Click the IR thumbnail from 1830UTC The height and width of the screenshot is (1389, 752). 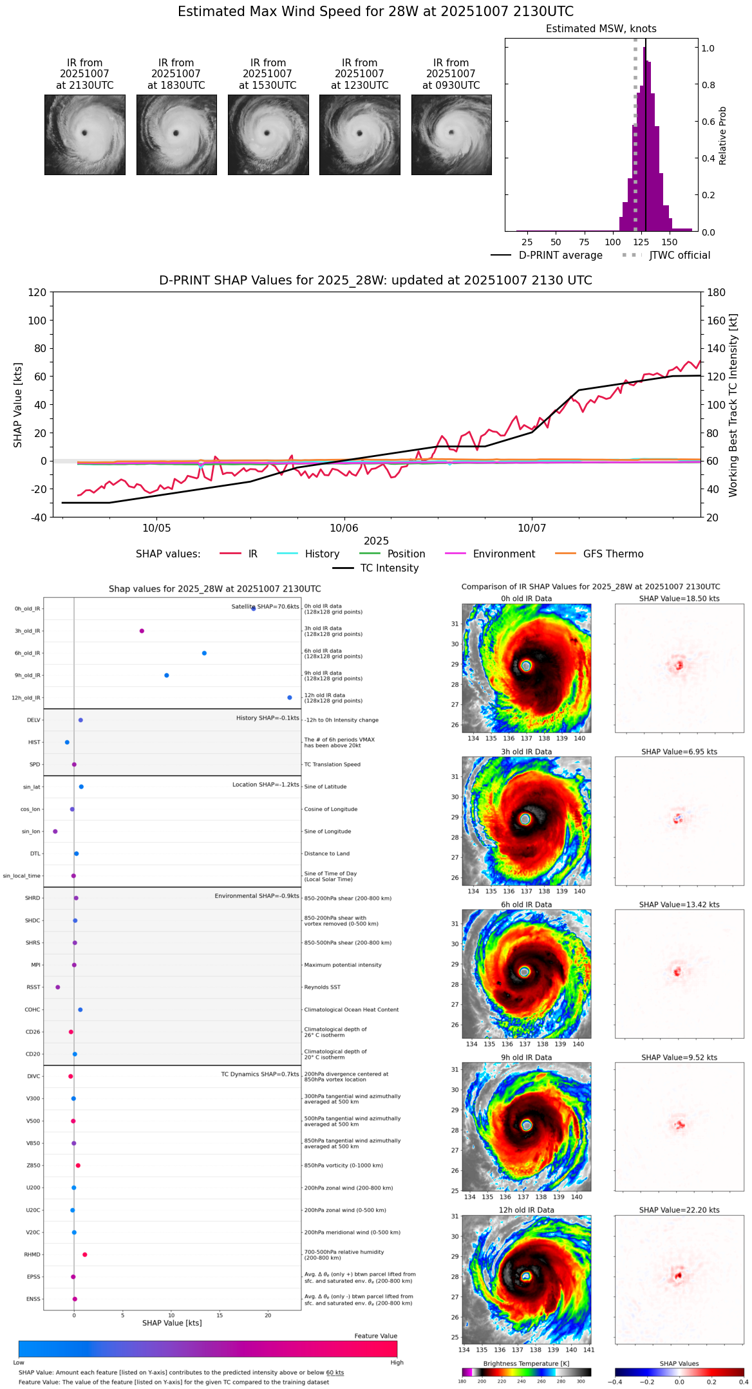tap(176, 135)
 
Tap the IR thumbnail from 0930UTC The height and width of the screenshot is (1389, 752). tap(451, 135)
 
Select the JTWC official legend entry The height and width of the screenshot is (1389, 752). tap(679, 256)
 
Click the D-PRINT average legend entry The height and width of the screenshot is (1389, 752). tap(560, 256)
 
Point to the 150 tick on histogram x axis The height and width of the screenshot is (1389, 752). tap(670, 242)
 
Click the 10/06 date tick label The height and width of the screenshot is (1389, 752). tap(344, 528)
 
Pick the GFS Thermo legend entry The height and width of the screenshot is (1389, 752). tap(613, 554)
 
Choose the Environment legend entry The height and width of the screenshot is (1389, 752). tap(503, 554)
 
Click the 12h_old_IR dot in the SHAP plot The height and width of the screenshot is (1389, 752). tap(290, 698)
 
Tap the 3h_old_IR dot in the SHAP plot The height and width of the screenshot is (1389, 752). tap(142, 631)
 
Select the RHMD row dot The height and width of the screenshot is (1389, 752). tap(85, 1254)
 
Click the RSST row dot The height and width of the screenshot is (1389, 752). tap(58, 987)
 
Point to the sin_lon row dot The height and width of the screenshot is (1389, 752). tap(55, 832)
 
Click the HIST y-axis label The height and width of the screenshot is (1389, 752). tap(34, 742)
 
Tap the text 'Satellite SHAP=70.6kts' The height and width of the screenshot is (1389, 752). tap(265, 607)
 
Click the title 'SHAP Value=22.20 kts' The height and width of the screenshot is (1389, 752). tap(679, 1210)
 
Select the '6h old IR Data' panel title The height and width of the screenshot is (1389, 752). tap(526, 904)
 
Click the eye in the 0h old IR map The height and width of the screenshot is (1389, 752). tap(526, 666)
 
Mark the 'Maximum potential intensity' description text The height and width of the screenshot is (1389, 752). tap(343, 965)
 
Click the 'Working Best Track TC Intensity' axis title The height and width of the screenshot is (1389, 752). tap(733, 406)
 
